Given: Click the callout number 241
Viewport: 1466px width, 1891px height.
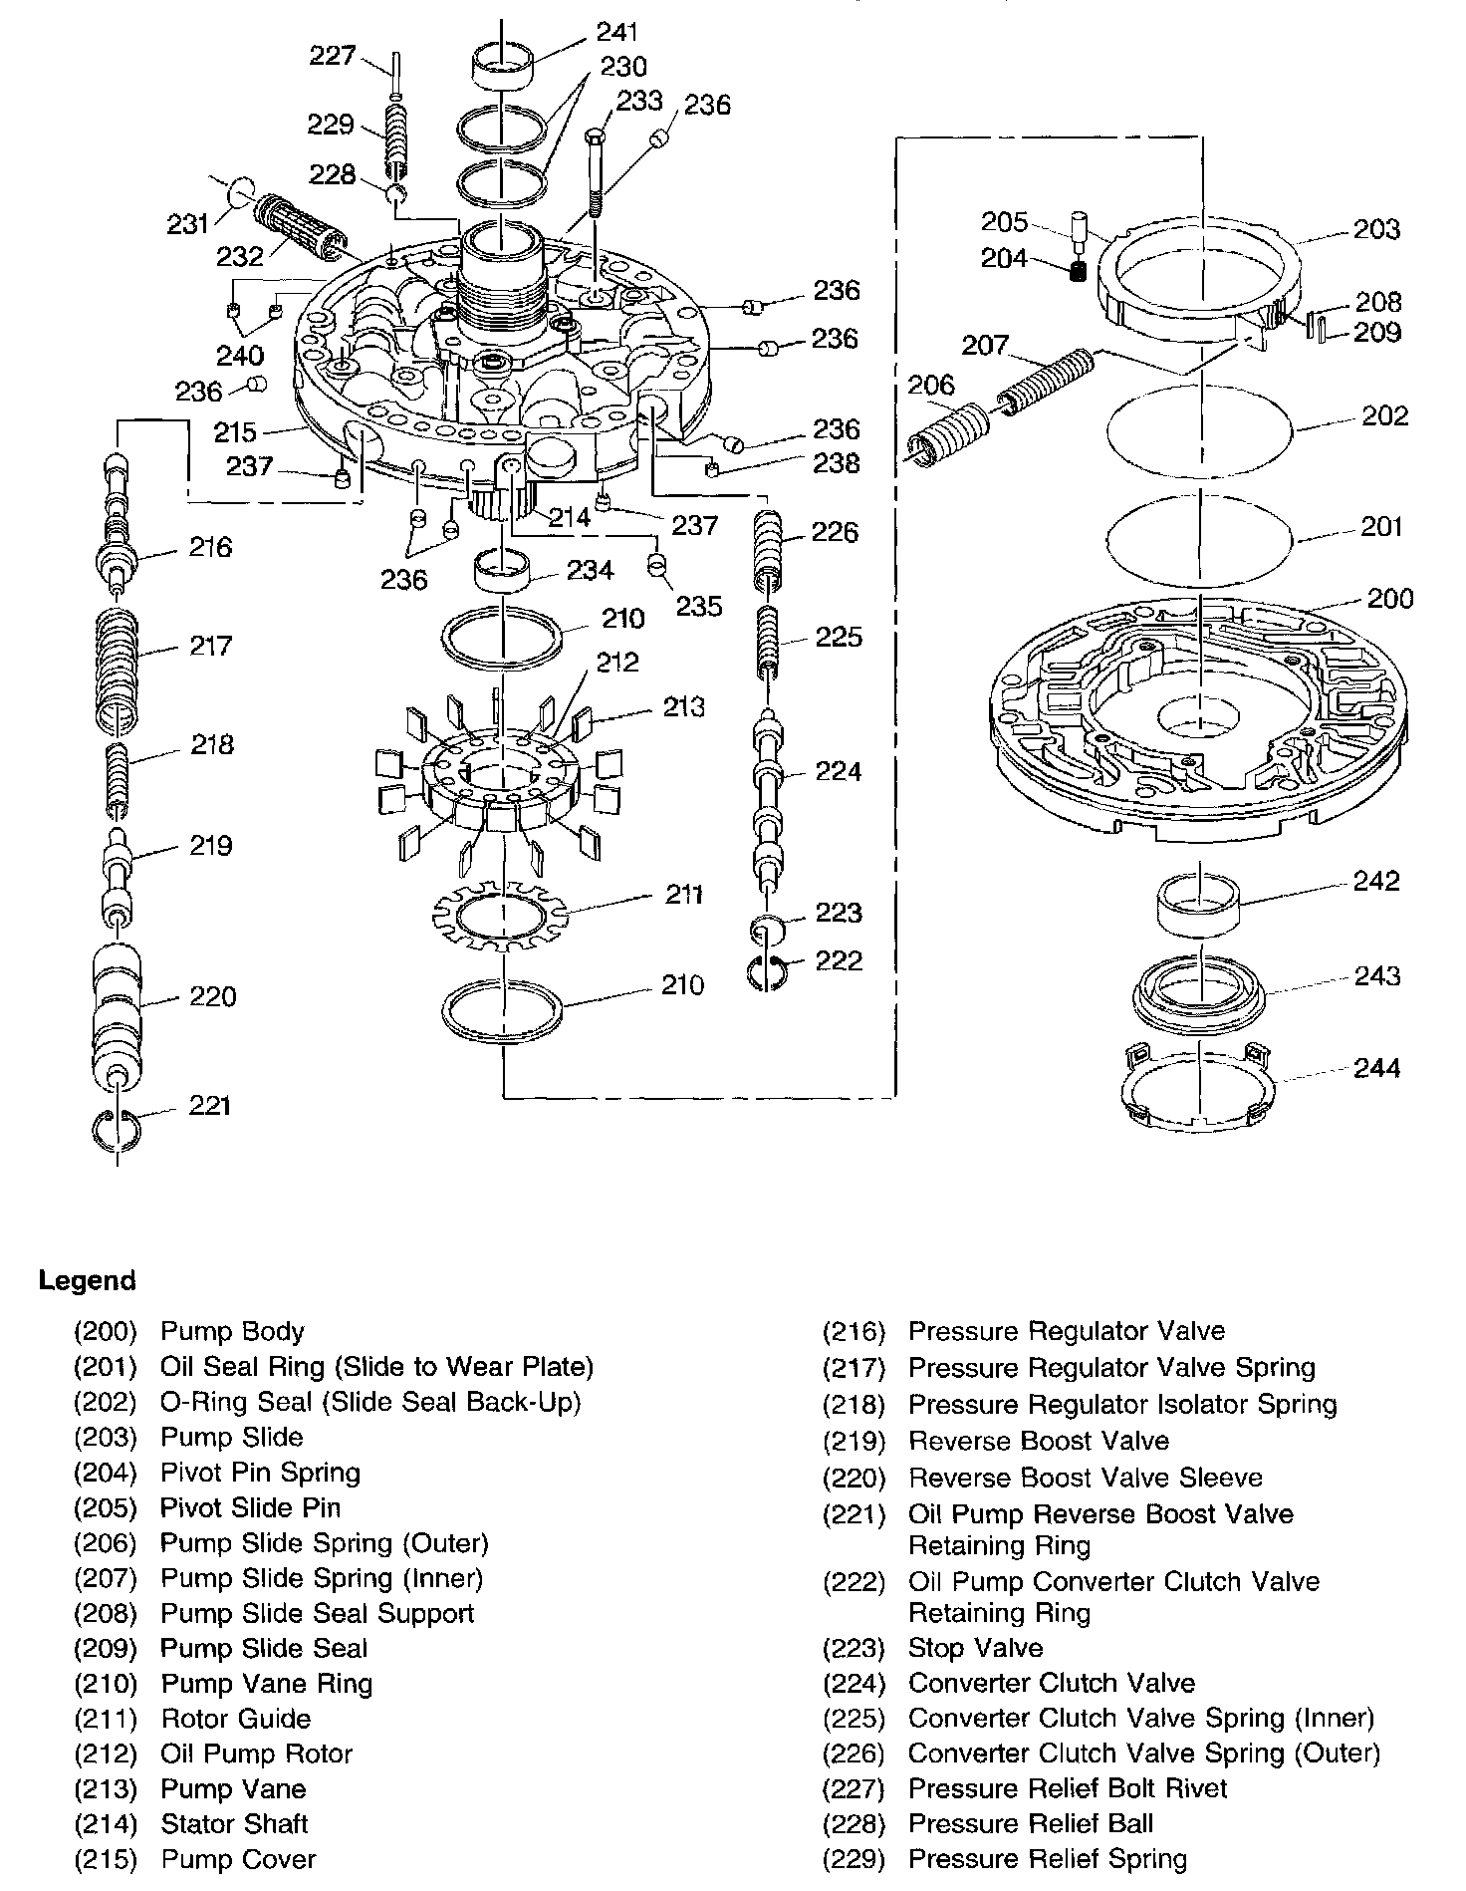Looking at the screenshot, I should [616, 32].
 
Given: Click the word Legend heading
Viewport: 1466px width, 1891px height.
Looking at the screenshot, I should [87, 1280].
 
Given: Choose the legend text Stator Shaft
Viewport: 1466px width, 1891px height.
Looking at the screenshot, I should [234, 1823].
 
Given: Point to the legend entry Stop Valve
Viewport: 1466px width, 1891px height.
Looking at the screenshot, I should [975, 1648].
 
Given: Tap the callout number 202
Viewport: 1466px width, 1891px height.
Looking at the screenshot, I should [1383, 415].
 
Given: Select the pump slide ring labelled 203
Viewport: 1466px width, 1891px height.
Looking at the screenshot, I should [1199, 279].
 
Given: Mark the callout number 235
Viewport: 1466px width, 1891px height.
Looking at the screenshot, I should [699, 606].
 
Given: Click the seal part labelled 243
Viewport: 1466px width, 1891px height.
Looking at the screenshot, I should [1199, 996].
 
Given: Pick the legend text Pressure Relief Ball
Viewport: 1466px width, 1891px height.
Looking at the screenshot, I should [1031, 1823].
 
